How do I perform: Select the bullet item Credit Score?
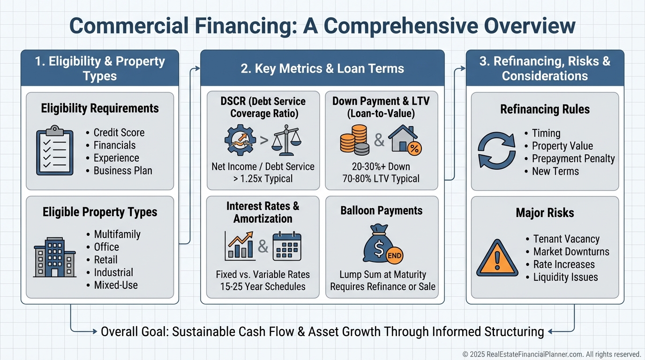(119, 133)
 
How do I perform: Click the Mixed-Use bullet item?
(116, 285)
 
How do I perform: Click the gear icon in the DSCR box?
(240, 139)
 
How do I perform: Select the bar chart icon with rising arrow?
(240, 246)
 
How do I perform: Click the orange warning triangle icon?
(497, 258)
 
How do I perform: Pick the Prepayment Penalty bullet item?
(573, 158)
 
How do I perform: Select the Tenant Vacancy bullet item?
(566, 239)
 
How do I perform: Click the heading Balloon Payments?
(382, 211)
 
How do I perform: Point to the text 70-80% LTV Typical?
(382, 179)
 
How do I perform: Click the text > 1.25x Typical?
(263, 179)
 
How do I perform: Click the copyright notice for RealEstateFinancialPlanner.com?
(552, 354)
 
